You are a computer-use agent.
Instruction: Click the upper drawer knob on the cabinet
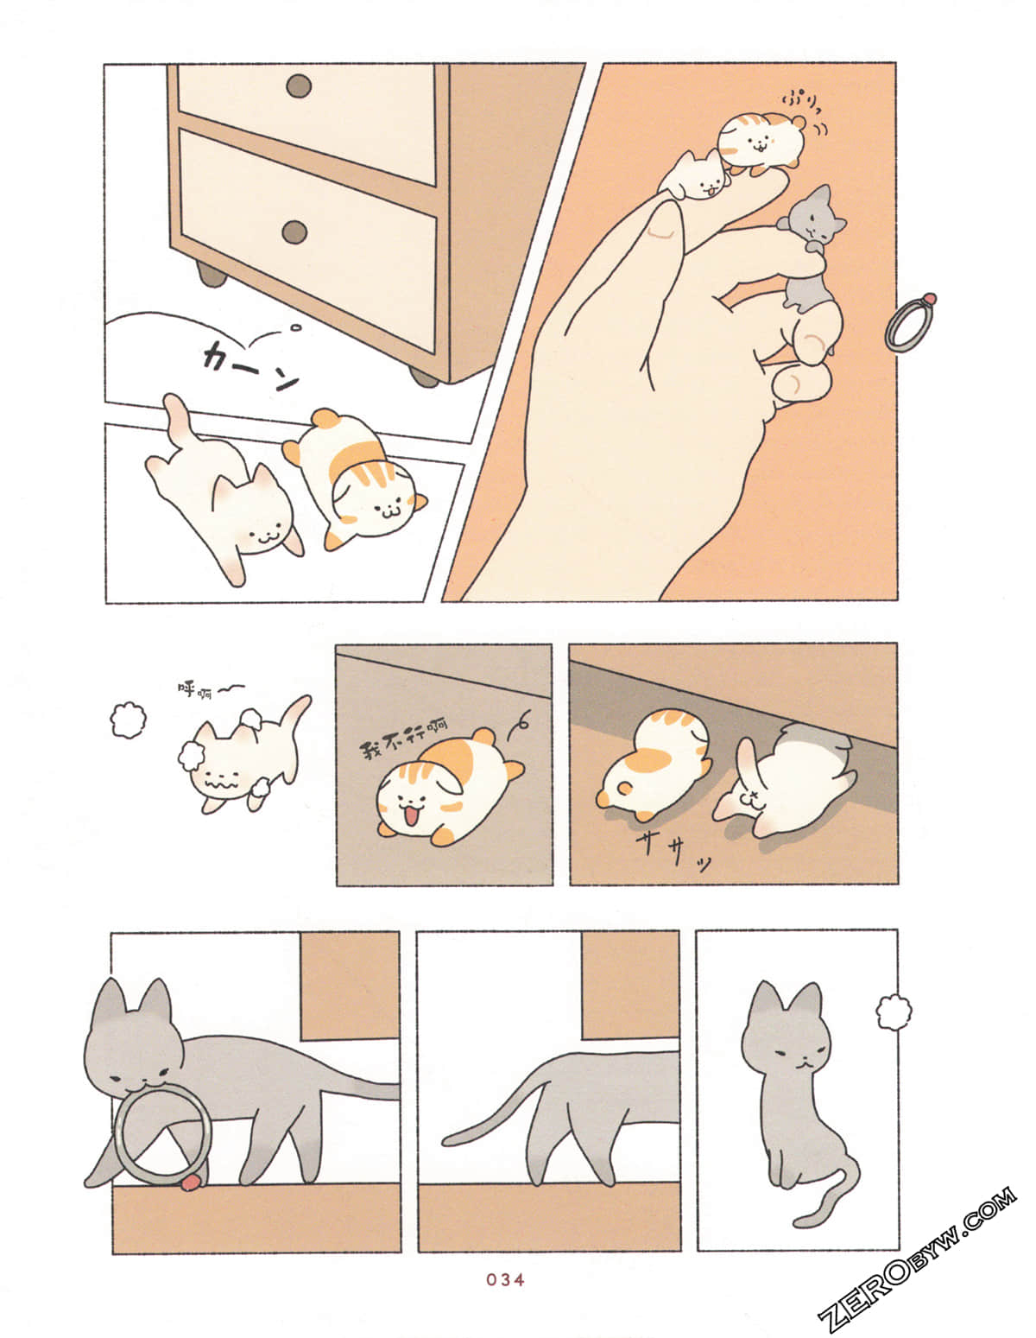point(299,86)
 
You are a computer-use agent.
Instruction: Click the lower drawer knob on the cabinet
point(294,231)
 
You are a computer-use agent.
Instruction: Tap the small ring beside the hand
point(908,323)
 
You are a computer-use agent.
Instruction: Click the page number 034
point(505,1279)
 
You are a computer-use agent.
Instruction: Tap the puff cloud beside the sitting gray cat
point(894,1012)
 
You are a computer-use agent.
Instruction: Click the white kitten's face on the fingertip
point(701,181)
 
